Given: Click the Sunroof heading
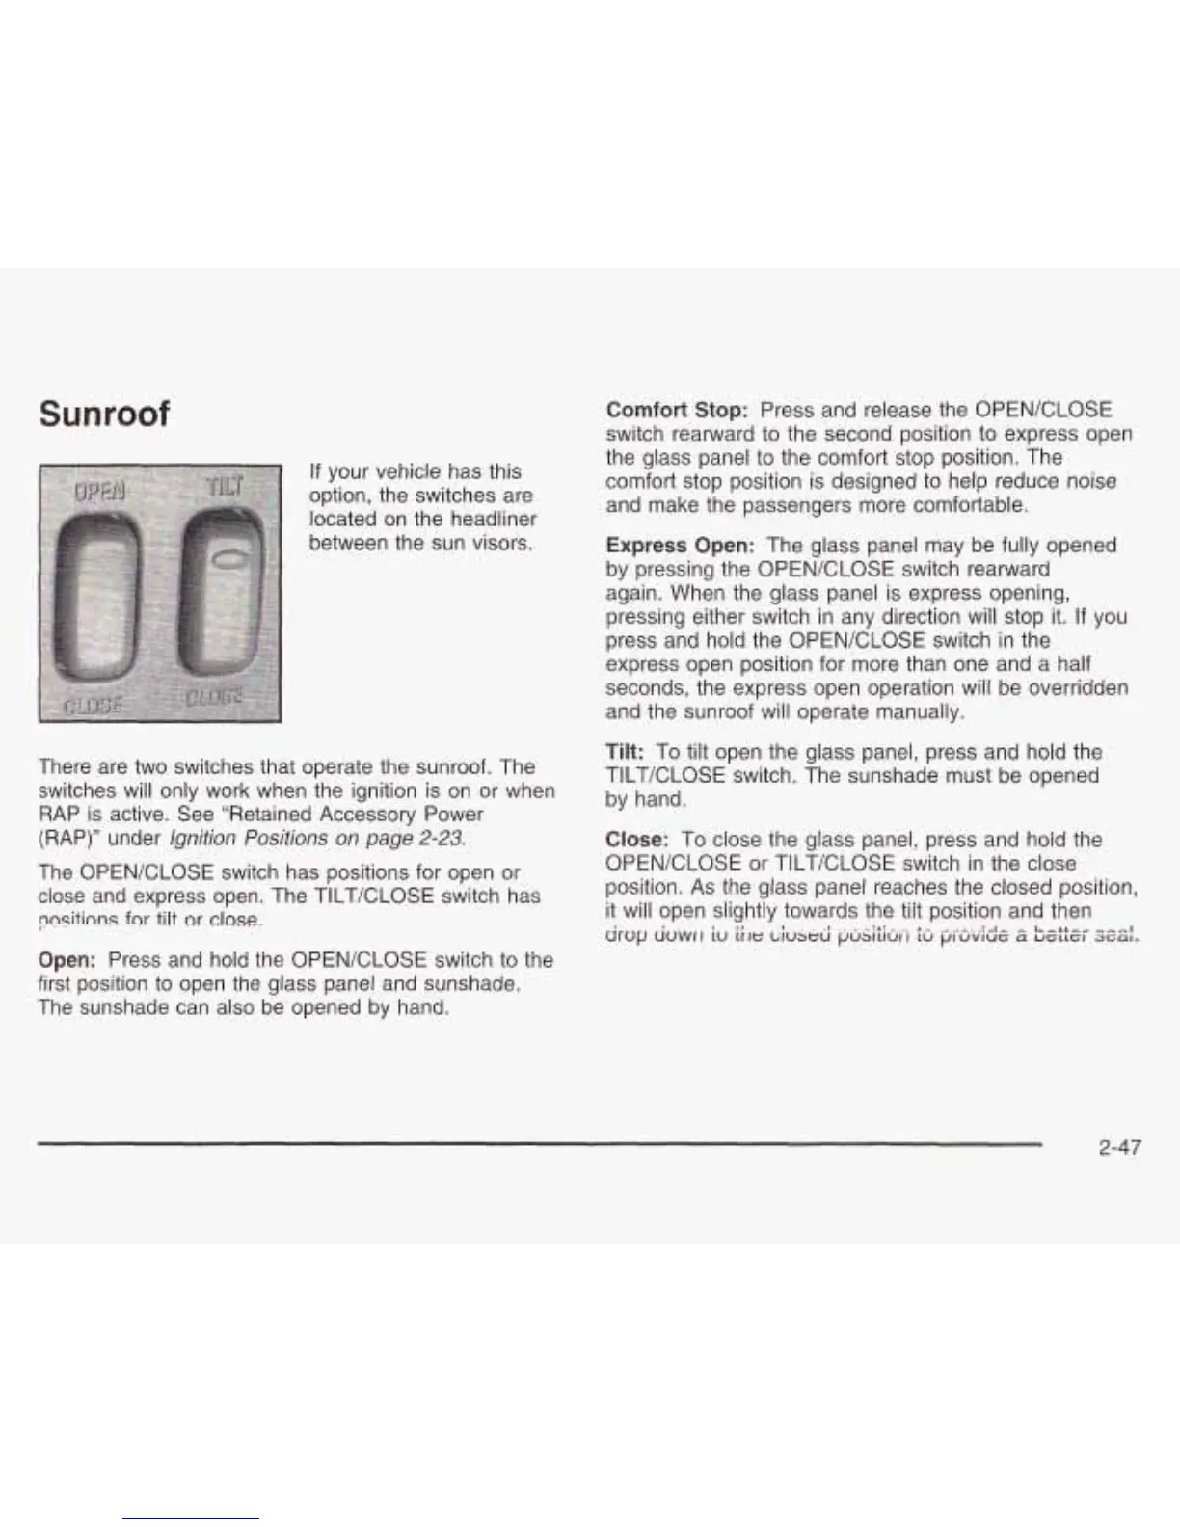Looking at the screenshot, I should (x=104, y=414).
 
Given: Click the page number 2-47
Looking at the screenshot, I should (x=1118, y=1147).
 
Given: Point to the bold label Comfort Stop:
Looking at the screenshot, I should (x=678, y=410).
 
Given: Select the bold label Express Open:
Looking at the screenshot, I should (x=681, y=546).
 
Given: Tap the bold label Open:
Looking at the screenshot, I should (x=67, y=960).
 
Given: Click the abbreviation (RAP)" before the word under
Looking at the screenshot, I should (x=70, y=838).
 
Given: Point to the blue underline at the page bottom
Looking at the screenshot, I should (x=191, y=1518).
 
